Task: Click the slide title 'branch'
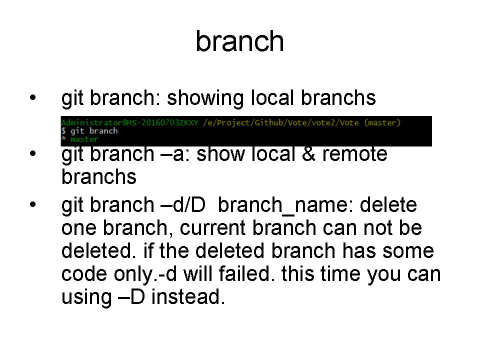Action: point(239,41)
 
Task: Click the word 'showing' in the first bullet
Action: point(205,98)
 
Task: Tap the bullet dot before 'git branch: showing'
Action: point(33,97)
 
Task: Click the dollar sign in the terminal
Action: point(63,131)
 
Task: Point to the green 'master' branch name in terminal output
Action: point(84,139)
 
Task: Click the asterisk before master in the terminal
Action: point(63,138)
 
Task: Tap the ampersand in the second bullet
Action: point(308,154)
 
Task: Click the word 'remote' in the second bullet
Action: point(355,154)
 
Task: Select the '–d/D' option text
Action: point(183,205)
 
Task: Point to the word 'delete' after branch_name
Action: point(388,205)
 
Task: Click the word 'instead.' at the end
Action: point(188,296)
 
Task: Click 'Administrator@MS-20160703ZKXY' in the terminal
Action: point(129,123)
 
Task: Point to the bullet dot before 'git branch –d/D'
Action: point(33,204)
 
